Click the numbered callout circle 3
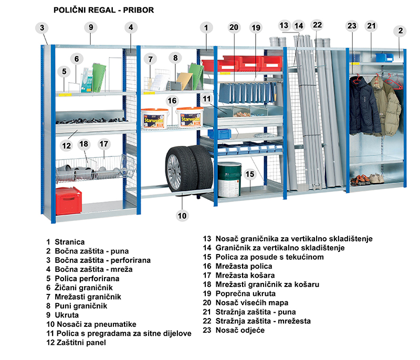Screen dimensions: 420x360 click(42, 28)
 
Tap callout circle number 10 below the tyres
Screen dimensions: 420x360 click(182, 216)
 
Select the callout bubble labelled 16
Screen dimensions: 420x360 click(172, 101)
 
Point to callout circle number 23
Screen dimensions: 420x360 click(352, 26)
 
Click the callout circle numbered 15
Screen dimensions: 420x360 click(250, 174)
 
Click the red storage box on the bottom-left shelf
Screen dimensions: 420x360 click(69, 201)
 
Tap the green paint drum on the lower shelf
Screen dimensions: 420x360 click(229, 179)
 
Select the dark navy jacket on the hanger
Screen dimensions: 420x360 click(364, 106)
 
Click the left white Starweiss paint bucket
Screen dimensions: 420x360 click(155, 118)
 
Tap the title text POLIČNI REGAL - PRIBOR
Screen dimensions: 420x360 click(103, 10)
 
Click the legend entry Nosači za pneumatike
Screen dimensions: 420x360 click(91, 324)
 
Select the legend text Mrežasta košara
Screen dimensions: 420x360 click(245, 276)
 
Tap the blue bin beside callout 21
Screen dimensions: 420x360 click(384, 58)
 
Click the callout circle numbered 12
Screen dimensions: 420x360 click(67, 145)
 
